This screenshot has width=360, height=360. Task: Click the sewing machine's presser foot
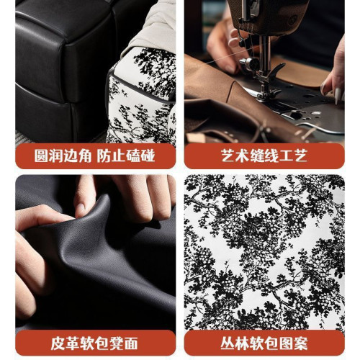point(268,75)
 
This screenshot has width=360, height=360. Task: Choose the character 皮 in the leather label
point(46,341)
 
